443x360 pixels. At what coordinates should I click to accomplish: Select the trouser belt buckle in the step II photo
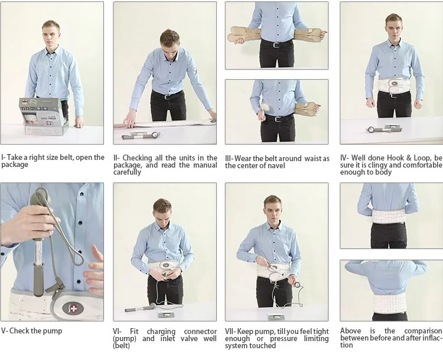click(x=170, y=96)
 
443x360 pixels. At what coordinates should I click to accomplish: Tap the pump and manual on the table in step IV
click(x=383, y=129)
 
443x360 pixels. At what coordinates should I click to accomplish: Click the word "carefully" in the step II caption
click(x=128, y=172)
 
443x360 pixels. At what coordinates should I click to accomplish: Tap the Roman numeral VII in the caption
click(x=230, y=332)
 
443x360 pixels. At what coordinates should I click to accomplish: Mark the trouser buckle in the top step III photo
click(x=276, y=43)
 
